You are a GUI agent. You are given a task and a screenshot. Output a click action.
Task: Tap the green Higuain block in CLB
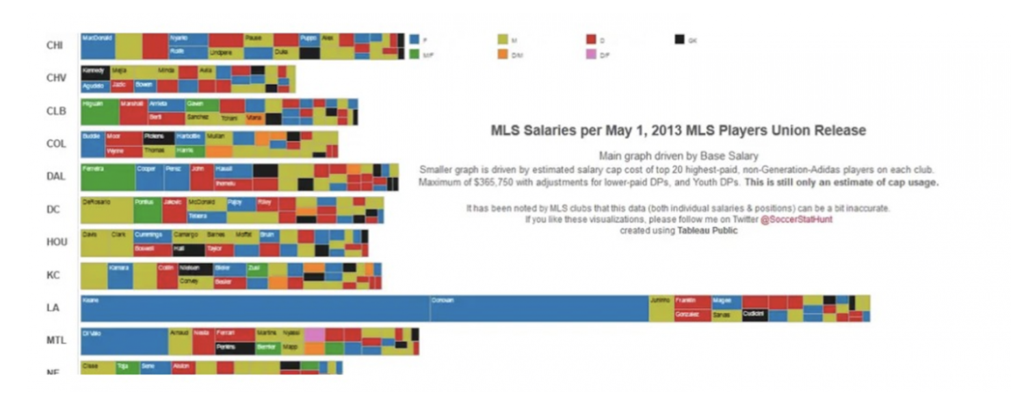(99, 112)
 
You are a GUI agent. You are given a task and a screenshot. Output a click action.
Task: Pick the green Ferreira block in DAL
(107, 177)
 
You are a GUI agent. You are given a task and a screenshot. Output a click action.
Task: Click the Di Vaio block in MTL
(124, 341)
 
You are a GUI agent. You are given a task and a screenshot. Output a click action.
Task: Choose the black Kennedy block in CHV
(94, 71)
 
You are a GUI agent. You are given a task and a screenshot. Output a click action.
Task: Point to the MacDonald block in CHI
(97, 45)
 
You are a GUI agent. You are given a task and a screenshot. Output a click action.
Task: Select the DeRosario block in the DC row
(106, 210)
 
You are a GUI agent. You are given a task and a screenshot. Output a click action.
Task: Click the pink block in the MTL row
(315, 334)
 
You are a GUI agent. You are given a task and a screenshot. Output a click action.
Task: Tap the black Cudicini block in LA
(754, 315)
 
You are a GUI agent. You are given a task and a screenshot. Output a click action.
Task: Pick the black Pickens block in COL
(159, 138)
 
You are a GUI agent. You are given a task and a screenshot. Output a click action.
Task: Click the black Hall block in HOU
(187, 250)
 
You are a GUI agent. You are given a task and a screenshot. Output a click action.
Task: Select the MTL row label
(56, 340)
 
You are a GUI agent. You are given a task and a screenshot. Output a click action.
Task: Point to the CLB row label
(56, 111)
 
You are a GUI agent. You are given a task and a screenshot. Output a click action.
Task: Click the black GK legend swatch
(679, 39)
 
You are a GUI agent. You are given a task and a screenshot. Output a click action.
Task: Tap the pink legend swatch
(591, 55)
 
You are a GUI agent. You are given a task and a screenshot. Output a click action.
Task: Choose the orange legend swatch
(503, 55)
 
